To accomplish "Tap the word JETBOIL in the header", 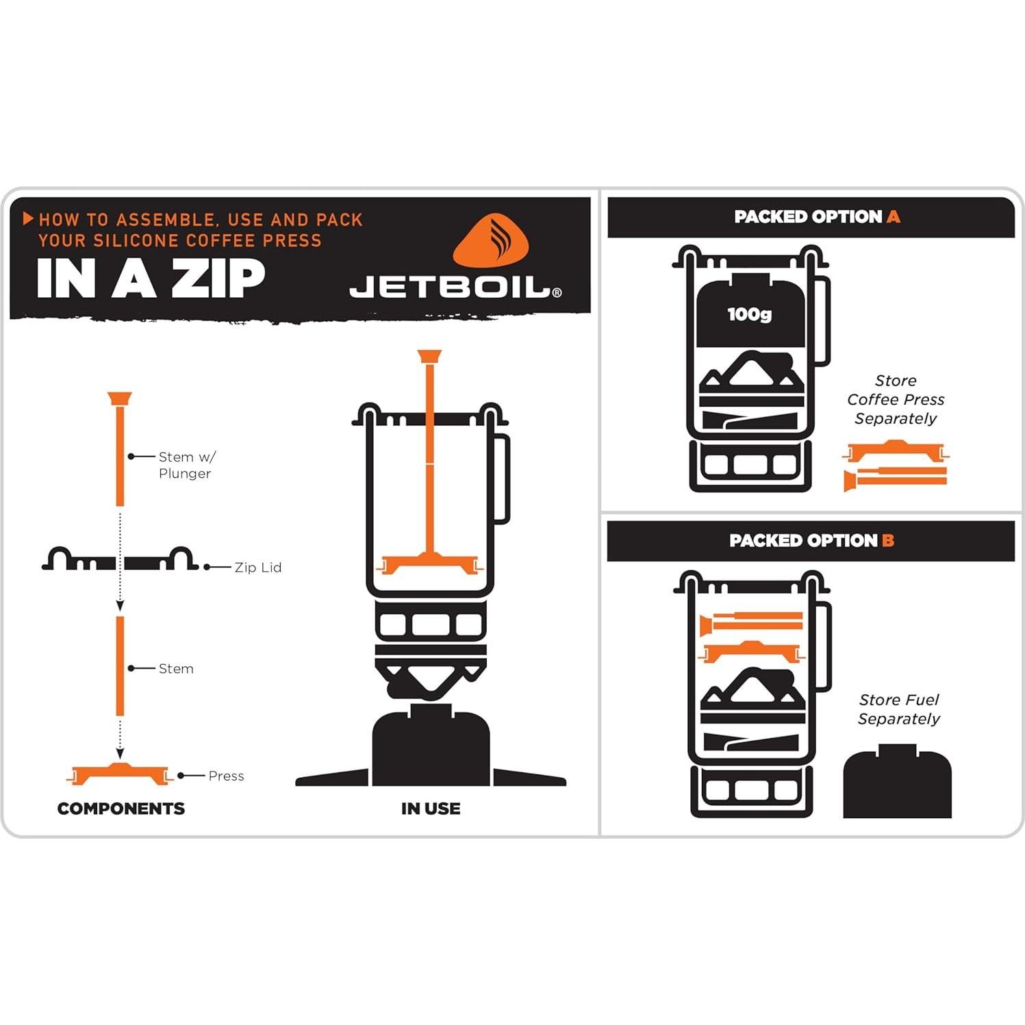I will pyautogui.click(x=451, y=288).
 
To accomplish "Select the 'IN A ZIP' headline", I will pyautogui.click(x=151, y=279).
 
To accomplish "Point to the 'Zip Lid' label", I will pyautogui.click(x=257, y=568).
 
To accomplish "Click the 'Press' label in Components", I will pyautogui.click(x=226, y=776).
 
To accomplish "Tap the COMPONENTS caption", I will pyautogui.click(x=121, y=809).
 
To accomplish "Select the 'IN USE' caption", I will pyautogui.click(x=431, y=809).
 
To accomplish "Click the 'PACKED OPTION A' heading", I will pyautogui.click(x=816, y=217).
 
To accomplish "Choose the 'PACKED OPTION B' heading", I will pyautogui.click(x=811, y=541).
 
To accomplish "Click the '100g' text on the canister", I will pyautogui.click(x=749, y=314).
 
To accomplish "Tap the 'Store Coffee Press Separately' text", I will pyautogui.click(x=896, y=400).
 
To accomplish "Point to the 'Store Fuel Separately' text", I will pyautogui.click(x=899, y=709).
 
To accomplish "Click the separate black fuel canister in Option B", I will pyautogui.click(x=897, y=784).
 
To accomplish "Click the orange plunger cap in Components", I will pyautogui.click(x=119, y=398).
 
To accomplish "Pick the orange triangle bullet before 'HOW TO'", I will pyautogui.click(x=28, y=219).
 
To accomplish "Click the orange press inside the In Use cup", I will pyautogui.click(x=430, y=564).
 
